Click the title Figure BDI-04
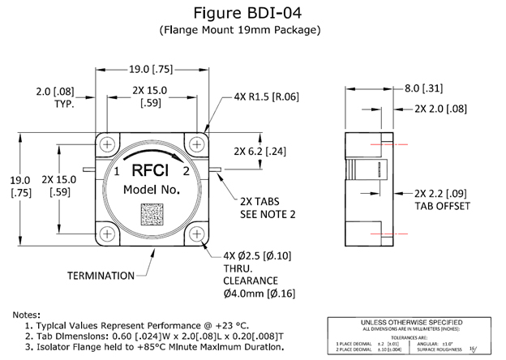click(x=252, y=13)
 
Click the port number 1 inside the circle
click(x=117, y=173)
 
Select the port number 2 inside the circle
click(x=187, y=172)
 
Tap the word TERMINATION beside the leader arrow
click(x=101, y=276)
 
